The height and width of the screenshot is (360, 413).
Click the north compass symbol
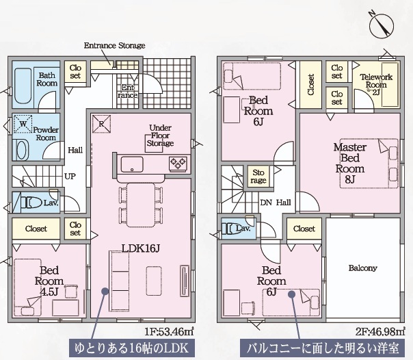pos(382,25)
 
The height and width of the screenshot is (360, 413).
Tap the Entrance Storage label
pos(115,46)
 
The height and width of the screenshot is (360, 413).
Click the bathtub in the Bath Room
pos(23,86)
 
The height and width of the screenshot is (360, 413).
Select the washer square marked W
pos(23,124)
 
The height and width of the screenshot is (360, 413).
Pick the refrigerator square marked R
pos(101,124)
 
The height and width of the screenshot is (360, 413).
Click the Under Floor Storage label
pos(160,136)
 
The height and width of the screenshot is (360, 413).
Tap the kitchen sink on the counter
pos(132,164)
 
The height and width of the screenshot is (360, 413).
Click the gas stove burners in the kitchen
pos(178,164)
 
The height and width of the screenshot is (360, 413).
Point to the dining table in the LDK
pos(141,205)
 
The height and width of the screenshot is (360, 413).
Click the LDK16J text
pos(141,248)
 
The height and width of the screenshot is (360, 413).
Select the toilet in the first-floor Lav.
pos(31,203)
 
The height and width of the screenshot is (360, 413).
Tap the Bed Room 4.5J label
pos(49,281)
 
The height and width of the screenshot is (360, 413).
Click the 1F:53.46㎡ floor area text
pos(169,331)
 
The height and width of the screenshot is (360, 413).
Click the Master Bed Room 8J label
pos(350,164)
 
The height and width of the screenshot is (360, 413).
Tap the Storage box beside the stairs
pos(258,177)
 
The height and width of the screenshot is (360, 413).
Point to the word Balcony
pos(362,268)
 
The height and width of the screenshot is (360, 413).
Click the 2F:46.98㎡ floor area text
pos(380,331)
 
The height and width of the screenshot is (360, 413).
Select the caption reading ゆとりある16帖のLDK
pos(132,348)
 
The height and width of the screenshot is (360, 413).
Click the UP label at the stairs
pos(70,177)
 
